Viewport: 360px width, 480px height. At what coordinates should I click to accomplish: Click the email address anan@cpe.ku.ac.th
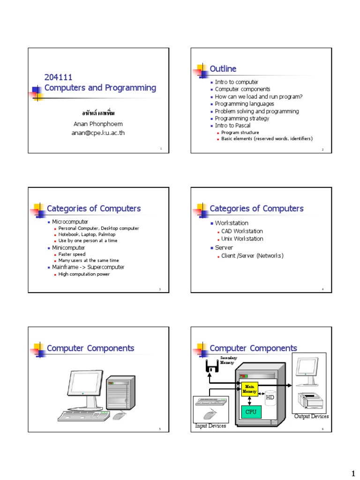[99, 133]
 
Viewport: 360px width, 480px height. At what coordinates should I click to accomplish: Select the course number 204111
[58, 77]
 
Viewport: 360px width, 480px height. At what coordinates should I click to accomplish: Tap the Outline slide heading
[223, 69]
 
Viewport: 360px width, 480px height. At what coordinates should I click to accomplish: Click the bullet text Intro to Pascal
[233, 126]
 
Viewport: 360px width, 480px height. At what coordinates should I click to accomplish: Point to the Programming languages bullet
[243, 104]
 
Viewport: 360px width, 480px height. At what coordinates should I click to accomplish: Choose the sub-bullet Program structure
[240, 133]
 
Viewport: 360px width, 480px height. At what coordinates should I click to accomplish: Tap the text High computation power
[84, 274]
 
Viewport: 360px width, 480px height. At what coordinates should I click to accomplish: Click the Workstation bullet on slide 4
[232, 223]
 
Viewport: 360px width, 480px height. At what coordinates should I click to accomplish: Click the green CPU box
[251, 412]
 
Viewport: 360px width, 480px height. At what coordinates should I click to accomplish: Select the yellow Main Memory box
[249, 389]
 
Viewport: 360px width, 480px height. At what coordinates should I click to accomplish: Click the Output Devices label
[311, 416]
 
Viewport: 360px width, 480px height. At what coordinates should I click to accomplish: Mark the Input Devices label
[210, 426]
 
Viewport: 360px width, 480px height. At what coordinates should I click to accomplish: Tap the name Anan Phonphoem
[99, 124]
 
